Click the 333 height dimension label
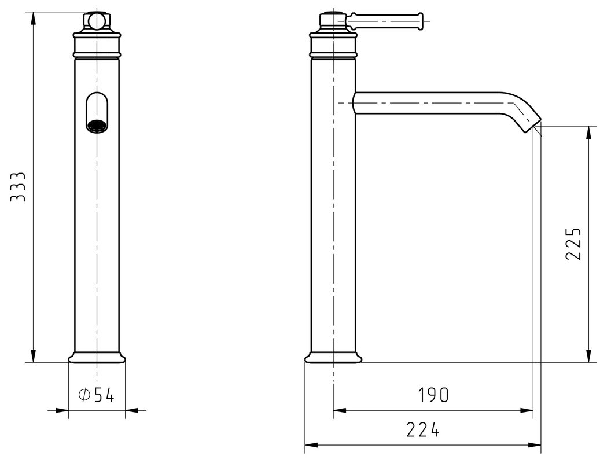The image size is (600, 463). [x=17, y=187]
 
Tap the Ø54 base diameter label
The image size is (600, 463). [x=96, y=395]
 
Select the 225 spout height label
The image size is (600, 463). [x=573, y=244]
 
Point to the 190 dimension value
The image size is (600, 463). [x=433, y=395]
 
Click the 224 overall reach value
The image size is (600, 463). [x=423, y=429]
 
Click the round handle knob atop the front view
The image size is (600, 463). [x=97, y=21]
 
